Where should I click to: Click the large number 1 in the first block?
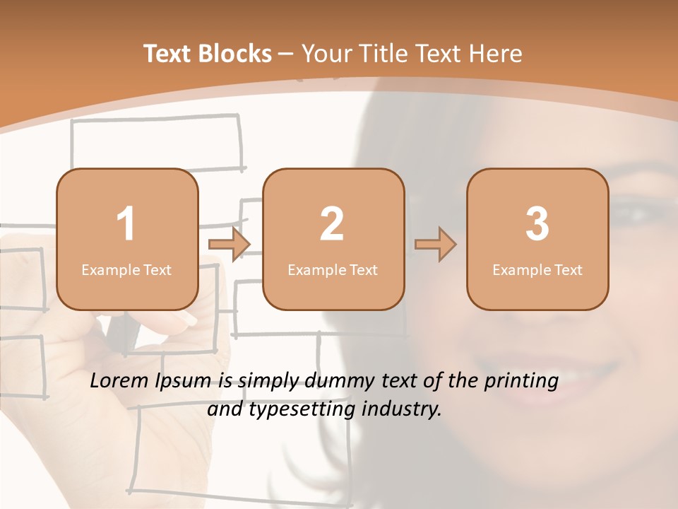click(x=126, y=224)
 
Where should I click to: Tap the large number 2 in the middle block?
click(x=332, y=224)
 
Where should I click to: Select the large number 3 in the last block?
click(x=537, y=224)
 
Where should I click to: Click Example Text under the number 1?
click(x=126, y=270)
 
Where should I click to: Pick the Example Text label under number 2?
click(x=333, y=270)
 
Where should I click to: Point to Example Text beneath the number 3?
click(x=537, y=270)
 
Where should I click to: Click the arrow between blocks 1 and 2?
click(x=230, y=245)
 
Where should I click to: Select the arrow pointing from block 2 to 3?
click(x=435, y=245)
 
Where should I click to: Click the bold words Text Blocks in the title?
click(x=208, y=54)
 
